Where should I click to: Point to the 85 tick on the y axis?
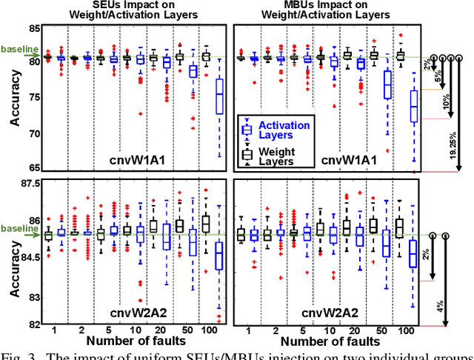coord(35,28)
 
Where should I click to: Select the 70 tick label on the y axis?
coord(35,134)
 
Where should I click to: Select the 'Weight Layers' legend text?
coord(280,156)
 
